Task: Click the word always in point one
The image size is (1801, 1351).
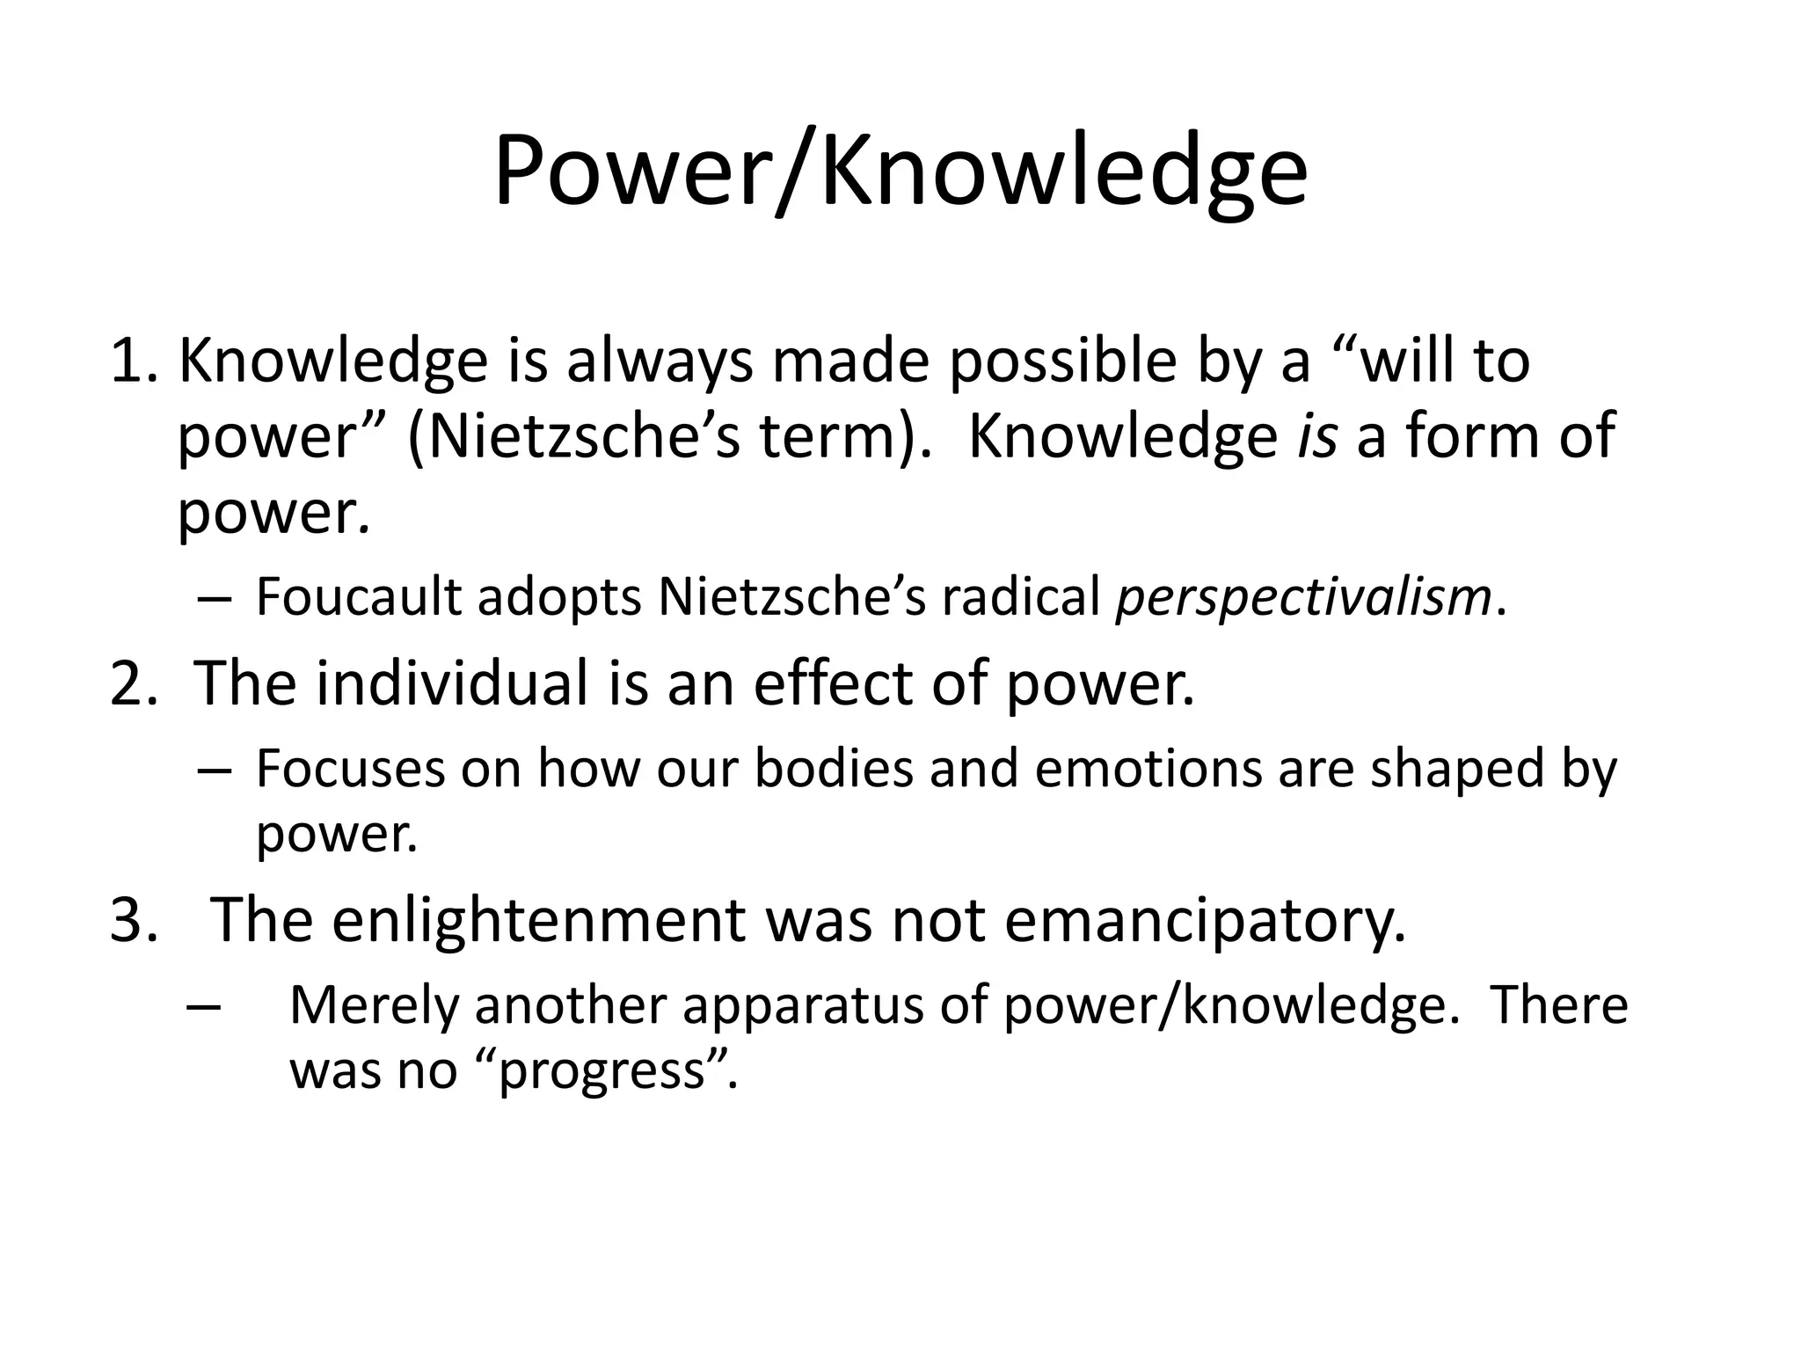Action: pyautogui.click(x=660, y=362)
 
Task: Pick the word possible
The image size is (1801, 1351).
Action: pyautogui.click(x=1062, y=362)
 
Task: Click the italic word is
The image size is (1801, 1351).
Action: pyautogui.click(x=1316, y=436)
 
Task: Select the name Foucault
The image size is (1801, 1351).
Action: pyautogui.click(x=359, y=597)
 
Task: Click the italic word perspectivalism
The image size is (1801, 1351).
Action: pyautogui.click(x=1304, y=599)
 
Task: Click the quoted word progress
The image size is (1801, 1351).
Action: pyautogui.click(x=603, y=1071)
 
